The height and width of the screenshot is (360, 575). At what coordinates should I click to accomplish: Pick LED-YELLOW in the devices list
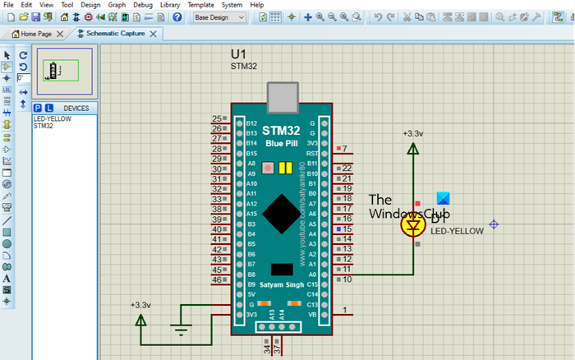click(52, 119)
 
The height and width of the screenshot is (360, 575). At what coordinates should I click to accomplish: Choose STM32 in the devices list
click(44, 126)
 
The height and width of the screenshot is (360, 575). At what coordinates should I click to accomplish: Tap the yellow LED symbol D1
click(412, 226)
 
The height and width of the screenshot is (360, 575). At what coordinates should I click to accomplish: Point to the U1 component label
click(238, 53)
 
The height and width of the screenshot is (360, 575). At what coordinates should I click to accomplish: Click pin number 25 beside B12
click(216, 119)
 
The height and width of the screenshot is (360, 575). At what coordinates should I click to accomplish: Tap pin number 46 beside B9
click(216, 280)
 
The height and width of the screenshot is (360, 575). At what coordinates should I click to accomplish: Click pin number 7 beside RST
click(345, 150)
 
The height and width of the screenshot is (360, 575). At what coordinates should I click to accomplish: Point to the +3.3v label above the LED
click(412, 133)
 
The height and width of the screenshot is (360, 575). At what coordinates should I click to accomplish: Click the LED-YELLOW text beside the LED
click(457, 231)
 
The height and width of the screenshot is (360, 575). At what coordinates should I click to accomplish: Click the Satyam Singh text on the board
click(282, 285)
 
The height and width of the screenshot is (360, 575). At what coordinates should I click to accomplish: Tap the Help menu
click(256, 5)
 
